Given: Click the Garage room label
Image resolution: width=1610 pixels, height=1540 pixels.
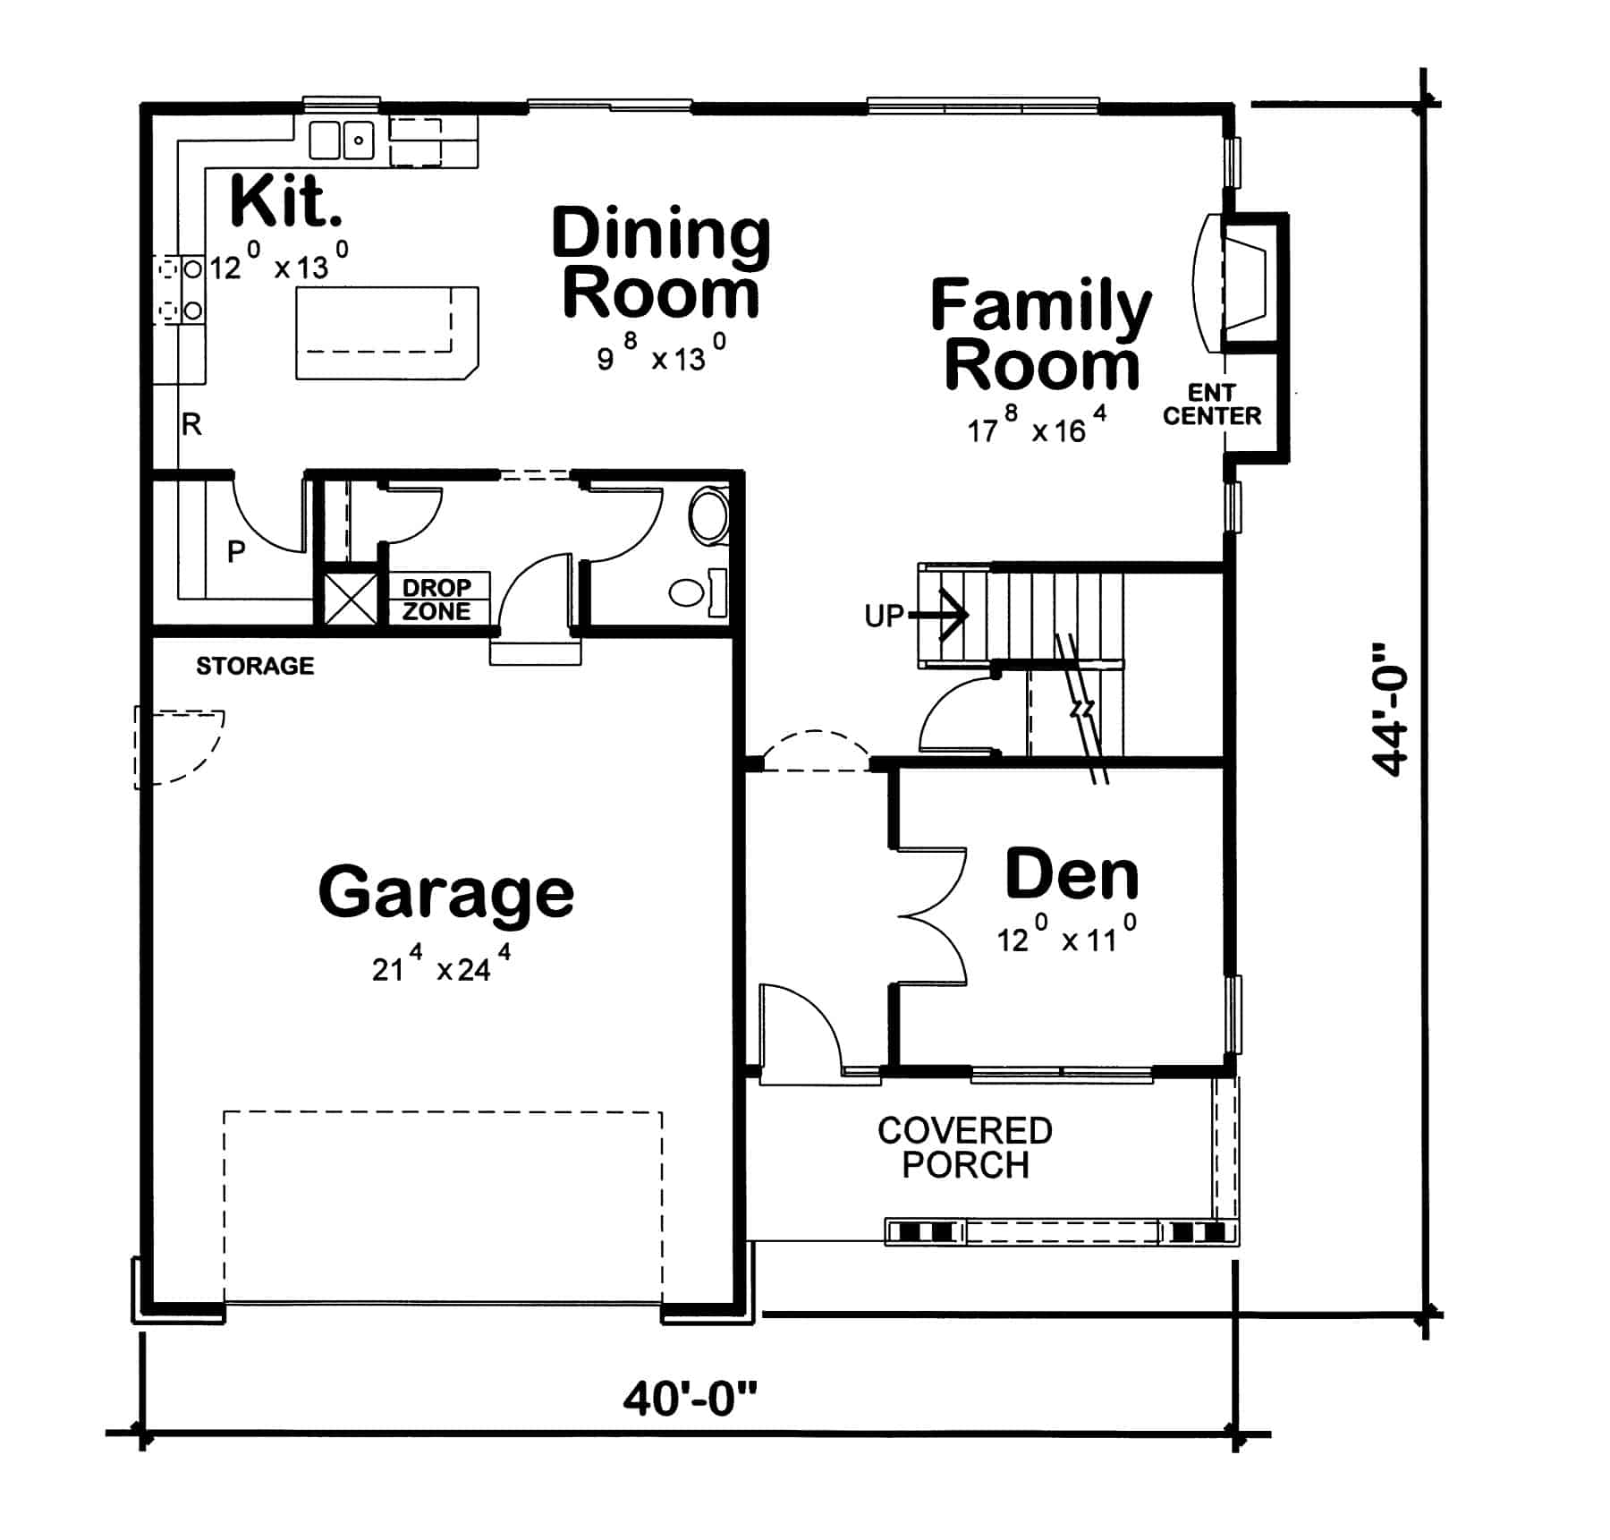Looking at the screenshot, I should click(445, 892).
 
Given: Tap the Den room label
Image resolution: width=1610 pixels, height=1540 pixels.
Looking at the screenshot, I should click(1072, 874).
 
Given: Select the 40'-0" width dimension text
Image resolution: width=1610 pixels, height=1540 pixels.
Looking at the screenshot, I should click(690, 1398).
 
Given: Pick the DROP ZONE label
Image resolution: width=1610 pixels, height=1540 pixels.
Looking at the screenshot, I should click(436, 600).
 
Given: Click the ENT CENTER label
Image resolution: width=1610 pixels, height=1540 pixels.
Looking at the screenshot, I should click(1211, 404).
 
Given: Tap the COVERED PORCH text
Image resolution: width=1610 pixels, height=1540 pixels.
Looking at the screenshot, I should click(964, 1148).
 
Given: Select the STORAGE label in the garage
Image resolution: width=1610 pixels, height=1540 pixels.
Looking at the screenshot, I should click(255, 666).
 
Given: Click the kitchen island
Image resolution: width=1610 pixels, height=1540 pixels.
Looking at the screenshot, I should click(386, 333).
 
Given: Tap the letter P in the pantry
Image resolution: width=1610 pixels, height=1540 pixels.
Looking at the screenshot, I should click(236, 551).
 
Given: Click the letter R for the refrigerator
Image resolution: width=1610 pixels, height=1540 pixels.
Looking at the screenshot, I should click(191, 424).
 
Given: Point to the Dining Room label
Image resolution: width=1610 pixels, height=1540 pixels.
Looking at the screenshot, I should click(660, 262).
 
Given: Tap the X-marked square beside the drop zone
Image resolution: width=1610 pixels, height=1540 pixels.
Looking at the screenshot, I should click(350, 598).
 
